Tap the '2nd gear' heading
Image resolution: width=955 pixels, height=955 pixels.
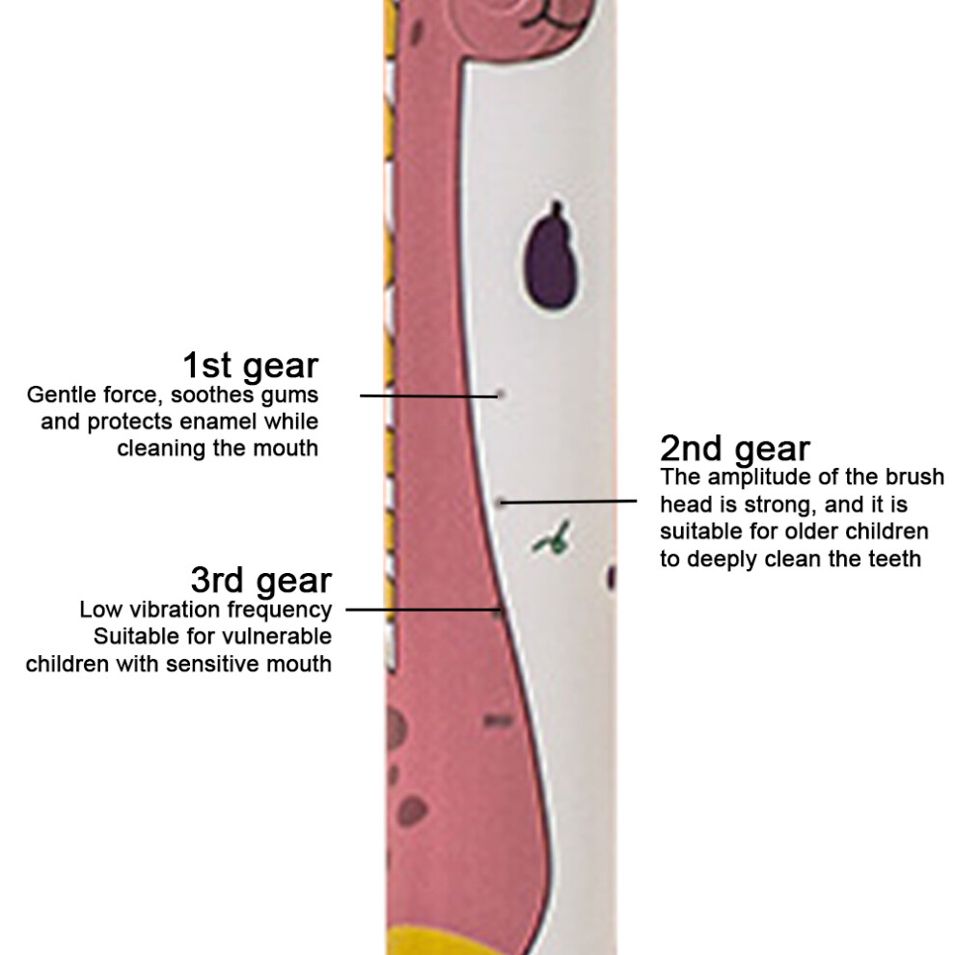[735, 450]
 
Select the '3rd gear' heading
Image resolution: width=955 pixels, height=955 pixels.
[261, 581]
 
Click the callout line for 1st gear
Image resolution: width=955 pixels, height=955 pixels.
[429, 396]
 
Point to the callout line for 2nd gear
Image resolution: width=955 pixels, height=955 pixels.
[569, 502]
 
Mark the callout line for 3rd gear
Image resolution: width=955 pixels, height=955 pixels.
[423, 609]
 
